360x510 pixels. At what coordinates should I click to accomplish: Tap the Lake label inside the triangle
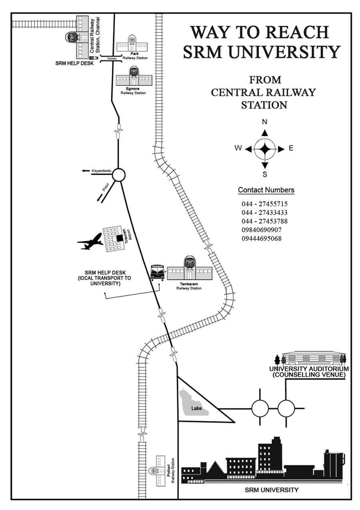pos(196,408)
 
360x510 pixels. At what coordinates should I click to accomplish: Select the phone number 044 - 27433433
pos(264,213)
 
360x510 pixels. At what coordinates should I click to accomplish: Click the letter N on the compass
pos(264,122)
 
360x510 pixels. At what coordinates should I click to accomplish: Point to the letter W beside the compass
pos(238,149)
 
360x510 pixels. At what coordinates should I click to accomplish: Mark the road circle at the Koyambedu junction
pos(119,175)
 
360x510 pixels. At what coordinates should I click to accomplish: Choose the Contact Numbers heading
pos(266,190)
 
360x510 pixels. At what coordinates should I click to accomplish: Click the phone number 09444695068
pos(262,239)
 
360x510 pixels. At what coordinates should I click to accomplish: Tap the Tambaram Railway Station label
pos(189,286)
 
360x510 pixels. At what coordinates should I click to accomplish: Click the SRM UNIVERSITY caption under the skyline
pos(271,490)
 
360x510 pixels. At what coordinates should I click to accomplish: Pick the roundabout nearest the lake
pos(260,409)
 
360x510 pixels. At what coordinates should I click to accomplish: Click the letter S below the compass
pos(264,175)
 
